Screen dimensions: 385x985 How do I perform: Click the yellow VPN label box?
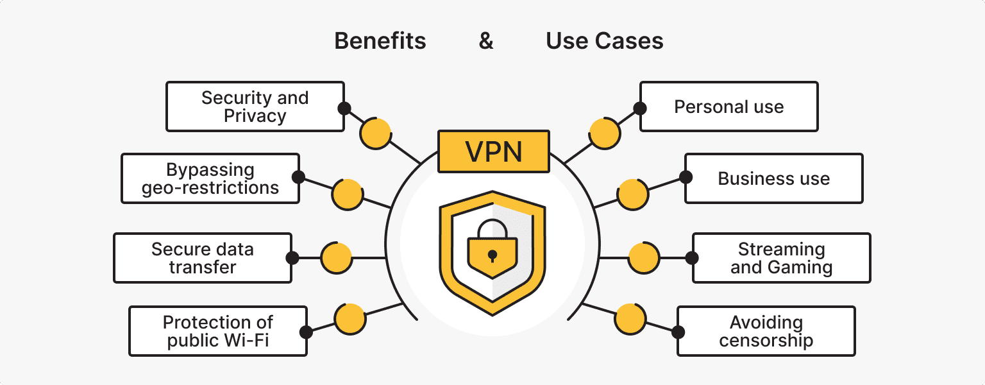click(x=493, y=152)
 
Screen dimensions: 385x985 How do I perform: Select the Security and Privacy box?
click(x=255, y=107)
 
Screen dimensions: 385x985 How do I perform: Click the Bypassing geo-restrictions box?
click(x=210, y=178)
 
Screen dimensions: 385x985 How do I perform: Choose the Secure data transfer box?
click(x=203, y=258)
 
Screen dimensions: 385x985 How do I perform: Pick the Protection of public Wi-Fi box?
click(x=218, y=331)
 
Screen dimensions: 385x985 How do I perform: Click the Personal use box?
click(x=728, y=107)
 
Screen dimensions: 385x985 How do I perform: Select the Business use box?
click(x=773, y=178)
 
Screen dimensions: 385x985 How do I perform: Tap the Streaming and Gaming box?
click(x=781, y=258)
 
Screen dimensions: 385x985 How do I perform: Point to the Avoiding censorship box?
click(x=766, y=331)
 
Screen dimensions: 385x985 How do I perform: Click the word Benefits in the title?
click(x=380, y=41)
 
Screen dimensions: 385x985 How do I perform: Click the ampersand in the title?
click(x=486, y=41)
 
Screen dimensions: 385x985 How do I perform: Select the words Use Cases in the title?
click(x=604, y=41)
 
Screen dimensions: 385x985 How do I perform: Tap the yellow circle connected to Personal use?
click(x=604, y=133)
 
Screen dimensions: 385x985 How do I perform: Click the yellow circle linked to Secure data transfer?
click(x=336, y=258)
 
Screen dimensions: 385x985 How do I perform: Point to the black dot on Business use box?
click(x=686, y=177)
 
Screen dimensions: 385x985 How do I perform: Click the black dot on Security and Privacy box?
click(x=344, y=108)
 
